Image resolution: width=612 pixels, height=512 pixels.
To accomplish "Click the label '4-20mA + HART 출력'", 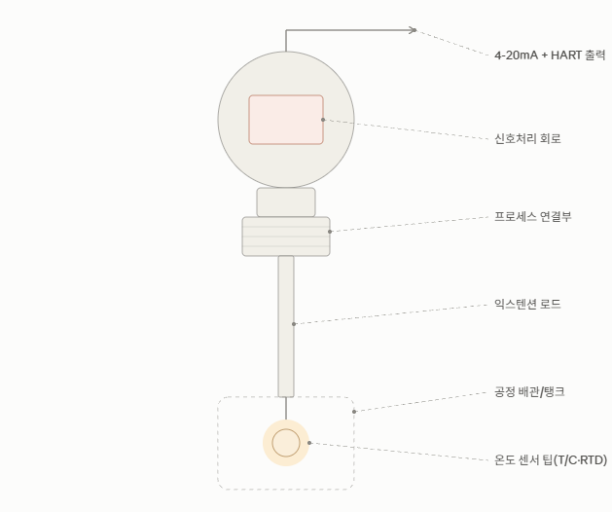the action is (x=550, y=55).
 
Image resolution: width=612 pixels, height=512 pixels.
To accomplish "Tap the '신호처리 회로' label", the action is (x=527, y=138).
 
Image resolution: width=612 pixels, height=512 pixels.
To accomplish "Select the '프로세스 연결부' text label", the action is (x=533, y=216).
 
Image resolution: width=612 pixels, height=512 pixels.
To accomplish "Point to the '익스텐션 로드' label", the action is (x=527, y=304).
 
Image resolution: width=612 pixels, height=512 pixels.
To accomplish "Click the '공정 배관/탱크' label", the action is (x=529, y=391).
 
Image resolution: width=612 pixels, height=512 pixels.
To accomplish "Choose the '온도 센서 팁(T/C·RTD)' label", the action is (x=551, y=460).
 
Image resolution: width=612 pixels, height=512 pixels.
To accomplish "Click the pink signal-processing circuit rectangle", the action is (x=286, y=120).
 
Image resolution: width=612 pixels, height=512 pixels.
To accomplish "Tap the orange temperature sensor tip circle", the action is (x=286, y=443).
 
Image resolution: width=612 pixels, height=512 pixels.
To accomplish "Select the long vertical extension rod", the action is (x=286, y=326).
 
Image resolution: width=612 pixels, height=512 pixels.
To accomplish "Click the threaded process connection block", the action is (x=286, y=237).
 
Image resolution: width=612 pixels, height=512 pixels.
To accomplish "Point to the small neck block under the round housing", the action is (x=286, y=202).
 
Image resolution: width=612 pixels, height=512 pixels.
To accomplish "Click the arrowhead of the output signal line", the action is (x=414, y=30).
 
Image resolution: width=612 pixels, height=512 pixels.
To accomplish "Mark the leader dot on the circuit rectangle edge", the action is (x=323, y=120).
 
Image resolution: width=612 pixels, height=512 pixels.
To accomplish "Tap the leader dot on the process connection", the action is (x=330, y=232).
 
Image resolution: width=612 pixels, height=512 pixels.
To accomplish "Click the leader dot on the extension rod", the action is (x=294, y=324).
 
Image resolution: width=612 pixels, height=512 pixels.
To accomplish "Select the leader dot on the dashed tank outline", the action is (x=354, y=411).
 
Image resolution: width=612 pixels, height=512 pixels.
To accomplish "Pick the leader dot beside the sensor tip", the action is (x=309, y=443).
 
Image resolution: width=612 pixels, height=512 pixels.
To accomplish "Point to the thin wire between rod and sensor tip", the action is (x=286, y=409).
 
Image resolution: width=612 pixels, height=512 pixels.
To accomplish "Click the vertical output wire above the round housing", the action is (x=286, y=41).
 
